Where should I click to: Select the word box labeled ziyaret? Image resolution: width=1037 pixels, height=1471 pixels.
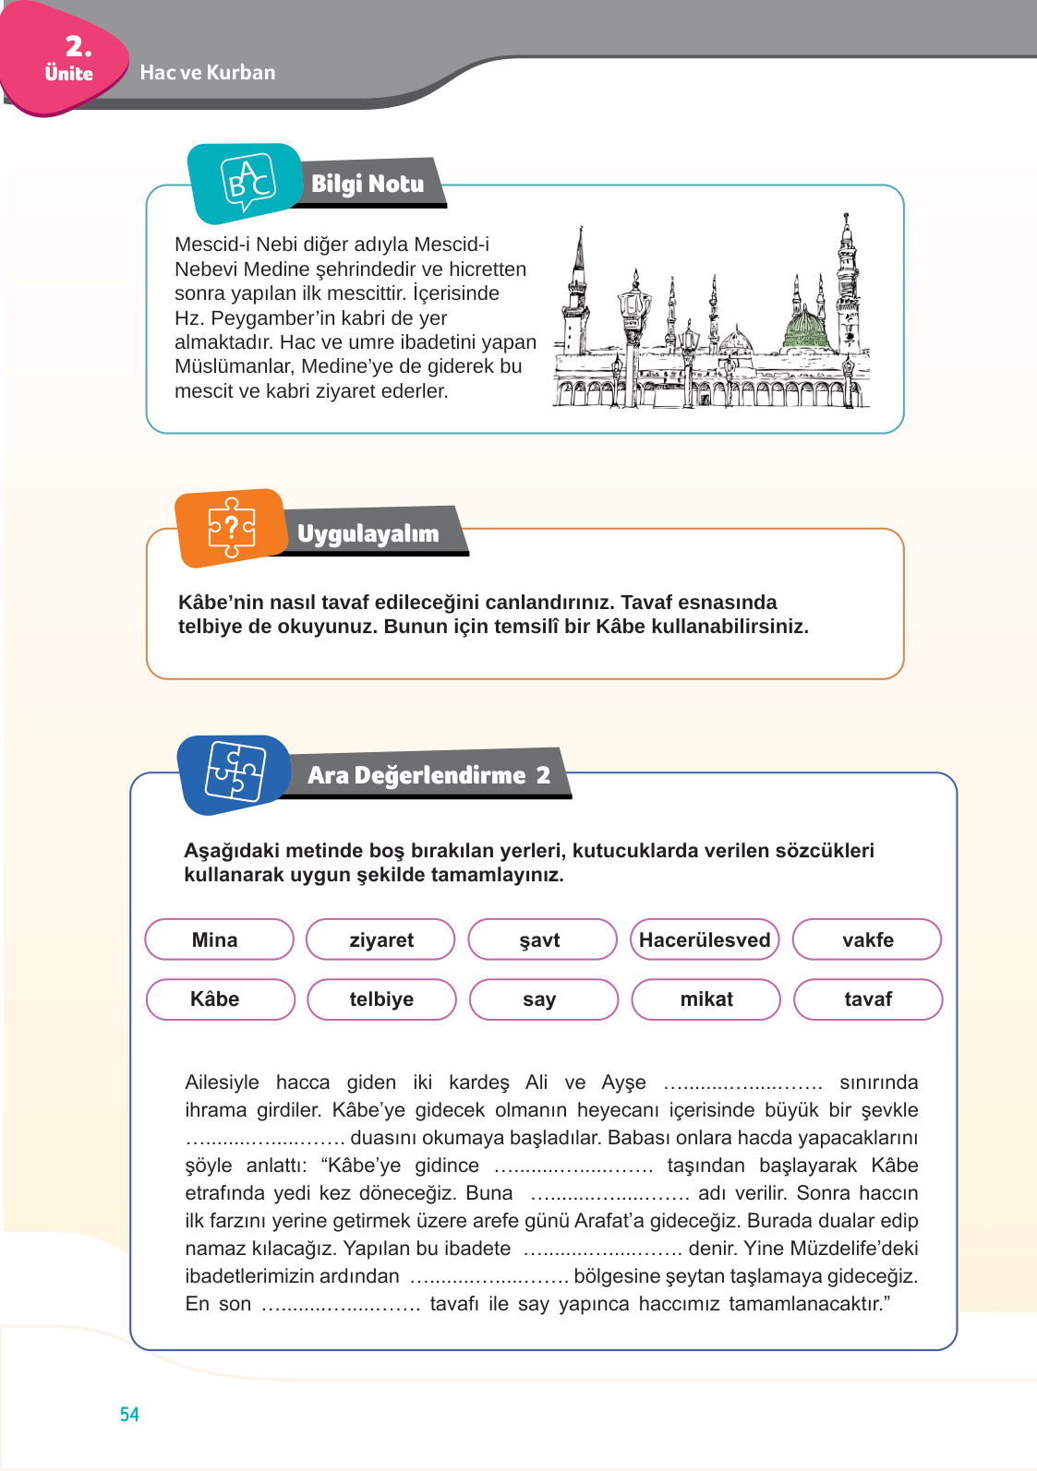pyautogui.click(x=380, y=939)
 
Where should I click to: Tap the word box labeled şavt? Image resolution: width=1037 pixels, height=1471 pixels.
pyautogui.click(x=542, y=939)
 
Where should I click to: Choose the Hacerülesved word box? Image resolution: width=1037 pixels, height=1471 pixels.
pyautogui.click(x=705, y=939)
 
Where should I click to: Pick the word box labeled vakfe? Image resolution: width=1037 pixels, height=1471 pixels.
pyautogui.click(x=867, y=939)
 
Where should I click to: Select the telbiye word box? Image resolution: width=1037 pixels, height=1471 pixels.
pyautogui.click(x=381, y=999)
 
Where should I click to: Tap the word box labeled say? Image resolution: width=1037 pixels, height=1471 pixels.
pyautogui.click(x=543, y=999)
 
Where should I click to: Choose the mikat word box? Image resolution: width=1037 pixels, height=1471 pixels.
pyautogui.click(x=705, y=999)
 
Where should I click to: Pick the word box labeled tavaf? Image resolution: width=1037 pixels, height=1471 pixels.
pyautogui.click(x=868, y=999)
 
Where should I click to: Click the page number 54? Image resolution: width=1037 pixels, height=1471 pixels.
pyautogui.click(x=129, y=1414)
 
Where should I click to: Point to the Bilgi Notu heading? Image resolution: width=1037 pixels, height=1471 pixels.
pyautogui.click(x=368, y=184)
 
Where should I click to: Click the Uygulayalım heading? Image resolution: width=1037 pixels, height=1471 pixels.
pyautogui.click(x=368, y=533)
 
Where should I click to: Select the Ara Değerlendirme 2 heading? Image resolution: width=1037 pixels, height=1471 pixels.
pyautogui.click(x=428, y=775)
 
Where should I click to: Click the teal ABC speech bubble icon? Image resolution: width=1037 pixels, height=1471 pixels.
pyautogui.click(x=247, y=183)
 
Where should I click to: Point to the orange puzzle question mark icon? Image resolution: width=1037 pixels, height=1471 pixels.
pyautogui.click(x=231, y=528)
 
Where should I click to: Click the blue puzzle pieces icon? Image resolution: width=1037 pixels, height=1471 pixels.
pyautogui.click(x=235, y=773)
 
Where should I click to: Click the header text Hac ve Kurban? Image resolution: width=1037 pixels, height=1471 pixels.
pyautogui.click(x=208, y=73)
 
